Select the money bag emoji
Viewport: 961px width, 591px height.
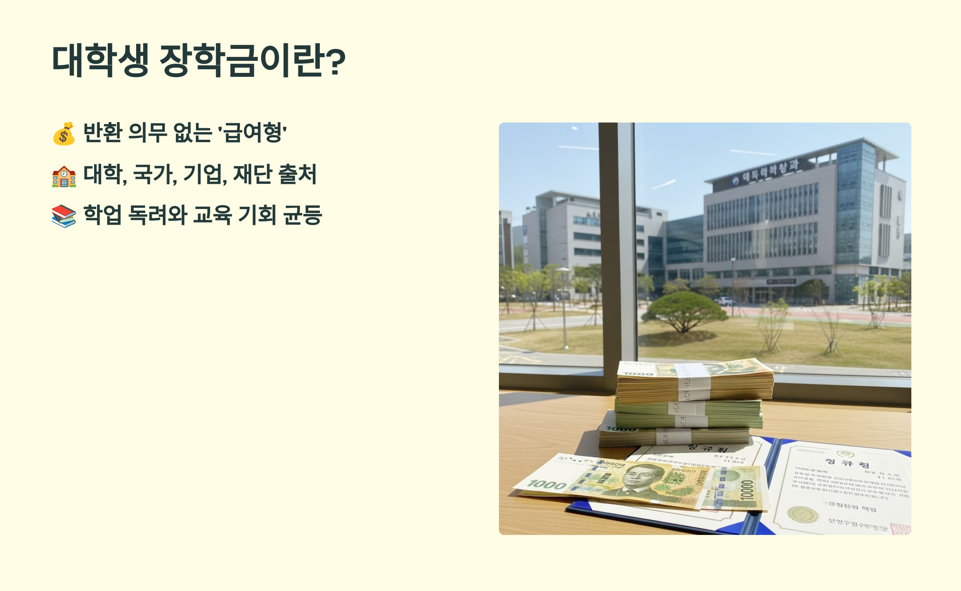[x=64, y=133]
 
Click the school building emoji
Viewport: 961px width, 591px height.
[x=64, y=176]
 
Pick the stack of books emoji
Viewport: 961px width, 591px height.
[x=64, y=216]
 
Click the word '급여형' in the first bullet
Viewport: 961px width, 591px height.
[x=252, y=133]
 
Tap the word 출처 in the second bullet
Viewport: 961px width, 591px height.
[x=298, y=174]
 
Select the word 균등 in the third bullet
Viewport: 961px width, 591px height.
[x=302, y=215]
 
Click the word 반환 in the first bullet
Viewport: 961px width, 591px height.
[x=103, y=133]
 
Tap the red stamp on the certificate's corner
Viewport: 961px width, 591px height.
[x=901, y=529]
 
